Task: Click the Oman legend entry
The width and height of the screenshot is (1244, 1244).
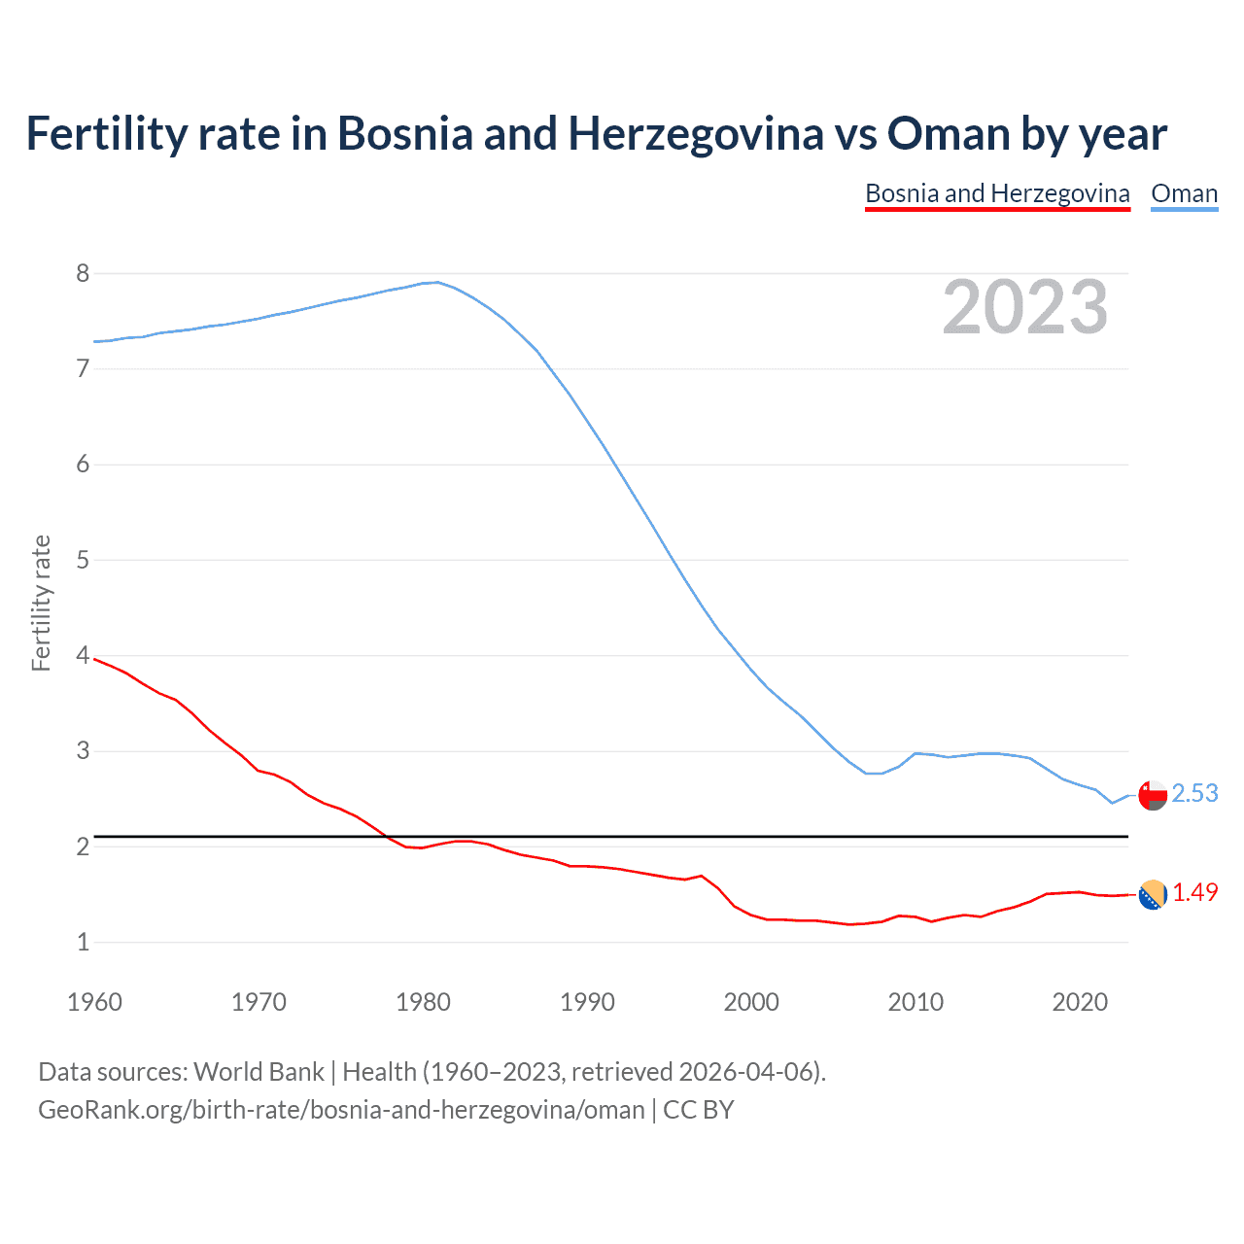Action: [x=1184, y=193]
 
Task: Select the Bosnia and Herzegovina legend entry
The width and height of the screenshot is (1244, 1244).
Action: [x=997, y=193]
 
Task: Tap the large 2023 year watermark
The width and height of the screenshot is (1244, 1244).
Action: [x=1025, y=307]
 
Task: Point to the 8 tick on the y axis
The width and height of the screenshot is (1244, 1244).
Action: [x=83, y=273]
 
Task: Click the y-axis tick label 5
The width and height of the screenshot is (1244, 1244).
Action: [x=83, y=560]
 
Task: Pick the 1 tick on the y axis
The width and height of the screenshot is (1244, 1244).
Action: [x=83, y=942]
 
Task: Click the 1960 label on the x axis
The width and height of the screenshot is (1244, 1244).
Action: [x=94, y=1002]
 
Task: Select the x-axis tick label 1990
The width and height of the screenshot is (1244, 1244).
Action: [x=587, y=1002]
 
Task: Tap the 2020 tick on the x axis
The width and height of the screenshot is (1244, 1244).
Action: [x=1080, y=1002]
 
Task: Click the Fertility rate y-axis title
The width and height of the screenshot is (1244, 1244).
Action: [x=41, y=603]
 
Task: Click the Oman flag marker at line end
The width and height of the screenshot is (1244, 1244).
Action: [x=1153, y=795]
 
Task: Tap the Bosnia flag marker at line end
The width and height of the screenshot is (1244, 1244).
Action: [x=1153, y=894]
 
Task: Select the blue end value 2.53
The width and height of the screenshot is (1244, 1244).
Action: [x=1194, y=794]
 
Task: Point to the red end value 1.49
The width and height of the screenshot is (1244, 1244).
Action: [x=1194, y=892]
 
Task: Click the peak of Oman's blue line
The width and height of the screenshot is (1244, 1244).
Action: [x=437, y=283]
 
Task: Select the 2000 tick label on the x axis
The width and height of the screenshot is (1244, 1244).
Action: [x=751, y=1002]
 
